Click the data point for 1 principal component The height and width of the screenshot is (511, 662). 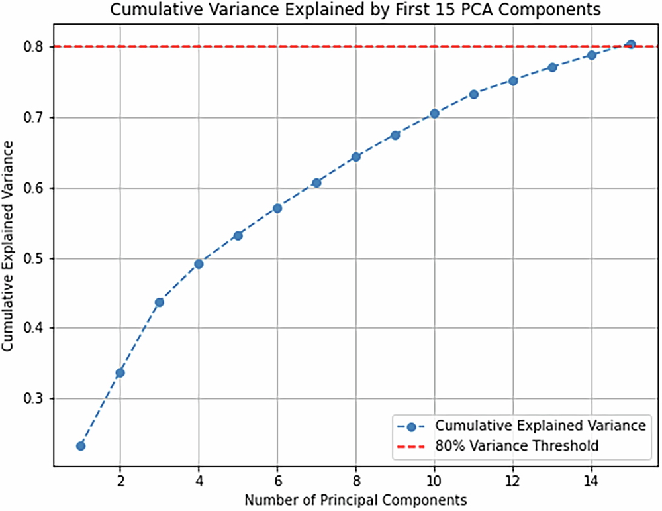[81, 445]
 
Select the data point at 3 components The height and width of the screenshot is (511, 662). [159, 302]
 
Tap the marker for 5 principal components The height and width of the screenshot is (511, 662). [238, 235]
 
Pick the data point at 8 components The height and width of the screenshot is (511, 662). [356, 157]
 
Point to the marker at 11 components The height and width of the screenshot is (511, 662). [474, 94]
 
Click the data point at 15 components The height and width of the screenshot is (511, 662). [631, 44]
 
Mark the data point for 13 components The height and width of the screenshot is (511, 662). [553, 67]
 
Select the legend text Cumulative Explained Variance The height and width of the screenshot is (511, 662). [540, 426]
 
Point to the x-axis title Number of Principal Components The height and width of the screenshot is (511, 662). [355, 499]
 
